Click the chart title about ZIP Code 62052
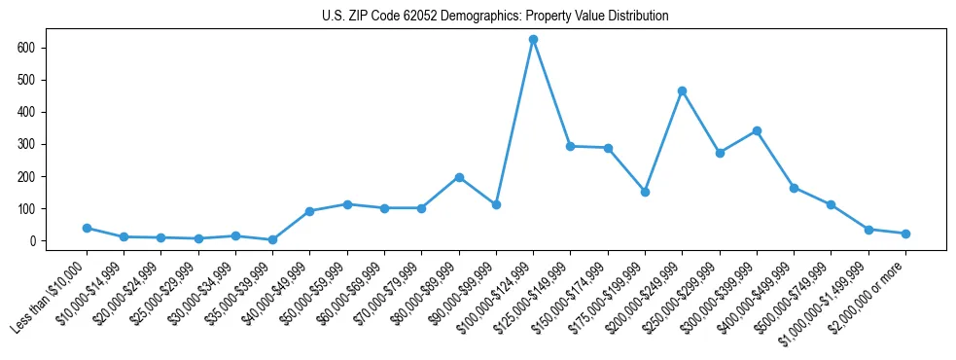click(495, 17)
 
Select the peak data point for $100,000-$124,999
click(533, 40)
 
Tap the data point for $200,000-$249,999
click(682, 91)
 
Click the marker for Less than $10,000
click(87, 228)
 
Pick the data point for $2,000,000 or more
click(905, 234)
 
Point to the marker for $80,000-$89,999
click(459, 177)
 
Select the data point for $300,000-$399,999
click(757, 131)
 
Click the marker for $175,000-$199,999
click(645, 192)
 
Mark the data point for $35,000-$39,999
click(272, 239)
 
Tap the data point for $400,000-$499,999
click(794, 188)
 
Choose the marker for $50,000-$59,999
click(347, 204)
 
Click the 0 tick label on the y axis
click(31, 241)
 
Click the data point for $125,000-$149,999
click(570, 146)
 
